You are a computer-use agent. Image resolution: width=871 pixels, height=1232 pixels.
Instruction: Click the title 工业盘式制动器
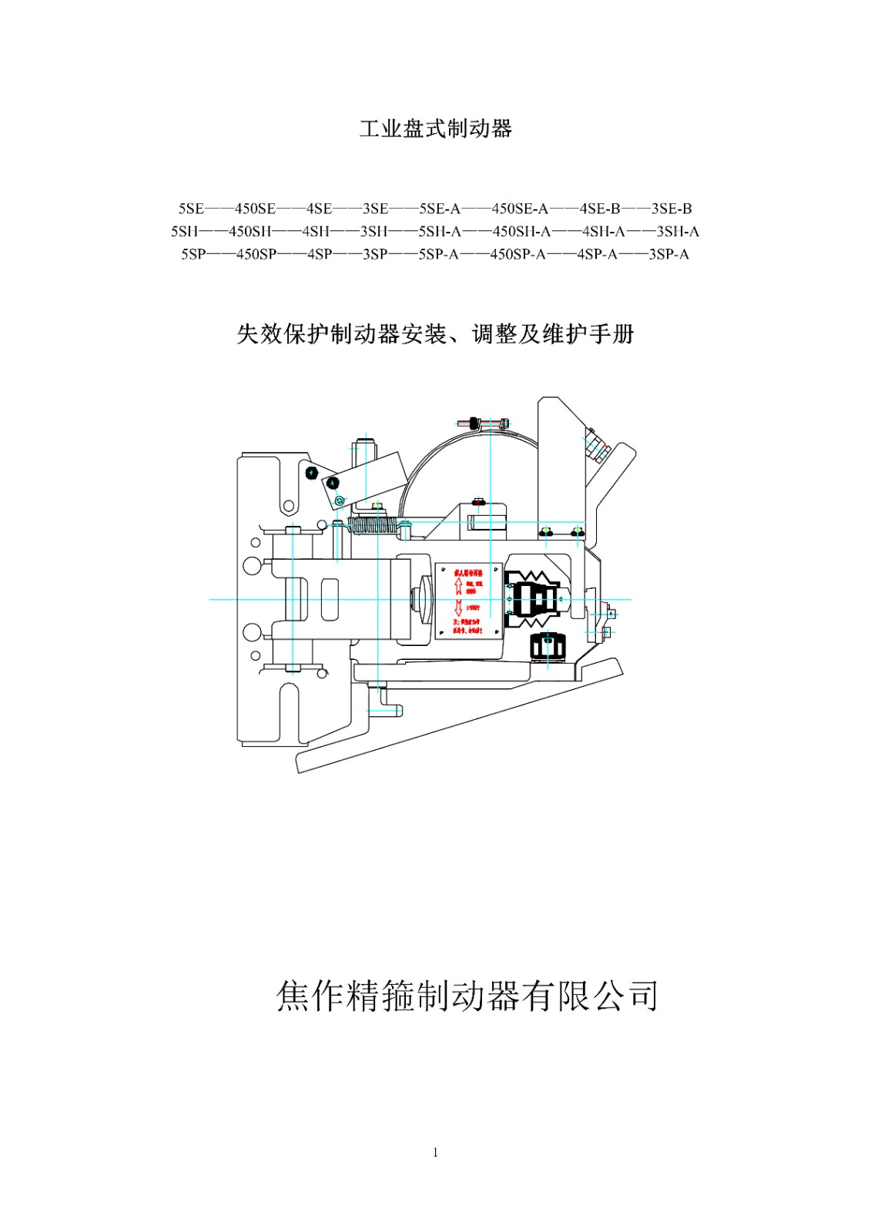(435, 129)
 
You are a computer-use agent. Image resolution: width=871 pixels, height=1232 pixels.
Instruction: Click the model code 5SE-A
(440, 209)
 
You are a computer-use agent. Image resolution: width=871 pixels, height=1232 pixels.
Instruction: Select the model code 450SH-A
(522, 231)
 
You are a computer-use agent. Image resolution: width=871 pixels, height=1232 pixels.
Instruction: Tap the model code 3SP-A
(668, 254)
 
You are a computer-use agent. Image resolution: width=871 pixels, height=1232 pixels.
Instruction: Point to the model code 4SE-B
(600, 209)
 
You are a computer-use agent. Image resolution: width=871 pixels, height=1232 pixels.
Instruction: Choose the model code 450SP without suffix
(256, 254)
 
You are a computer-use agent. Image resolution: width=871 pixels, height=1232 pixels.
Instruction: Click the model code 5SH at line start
(185, 231)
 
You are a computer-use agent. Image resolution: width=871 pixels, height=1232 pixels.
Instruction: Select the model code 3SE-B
(672, 209)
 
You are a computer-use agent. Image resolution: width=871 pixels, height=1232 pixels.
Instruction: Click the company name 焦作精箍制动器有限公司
(467, 996)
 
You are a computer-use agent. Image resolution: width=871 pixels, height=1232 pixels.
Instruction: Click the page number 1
(435, 1153)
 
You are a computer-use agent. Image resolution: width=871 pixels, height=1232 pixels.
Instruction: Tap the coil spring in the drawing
(374, 526)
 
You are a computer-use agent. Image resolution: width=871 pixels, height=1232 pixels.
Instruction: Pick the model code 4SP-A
(597, 254)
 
